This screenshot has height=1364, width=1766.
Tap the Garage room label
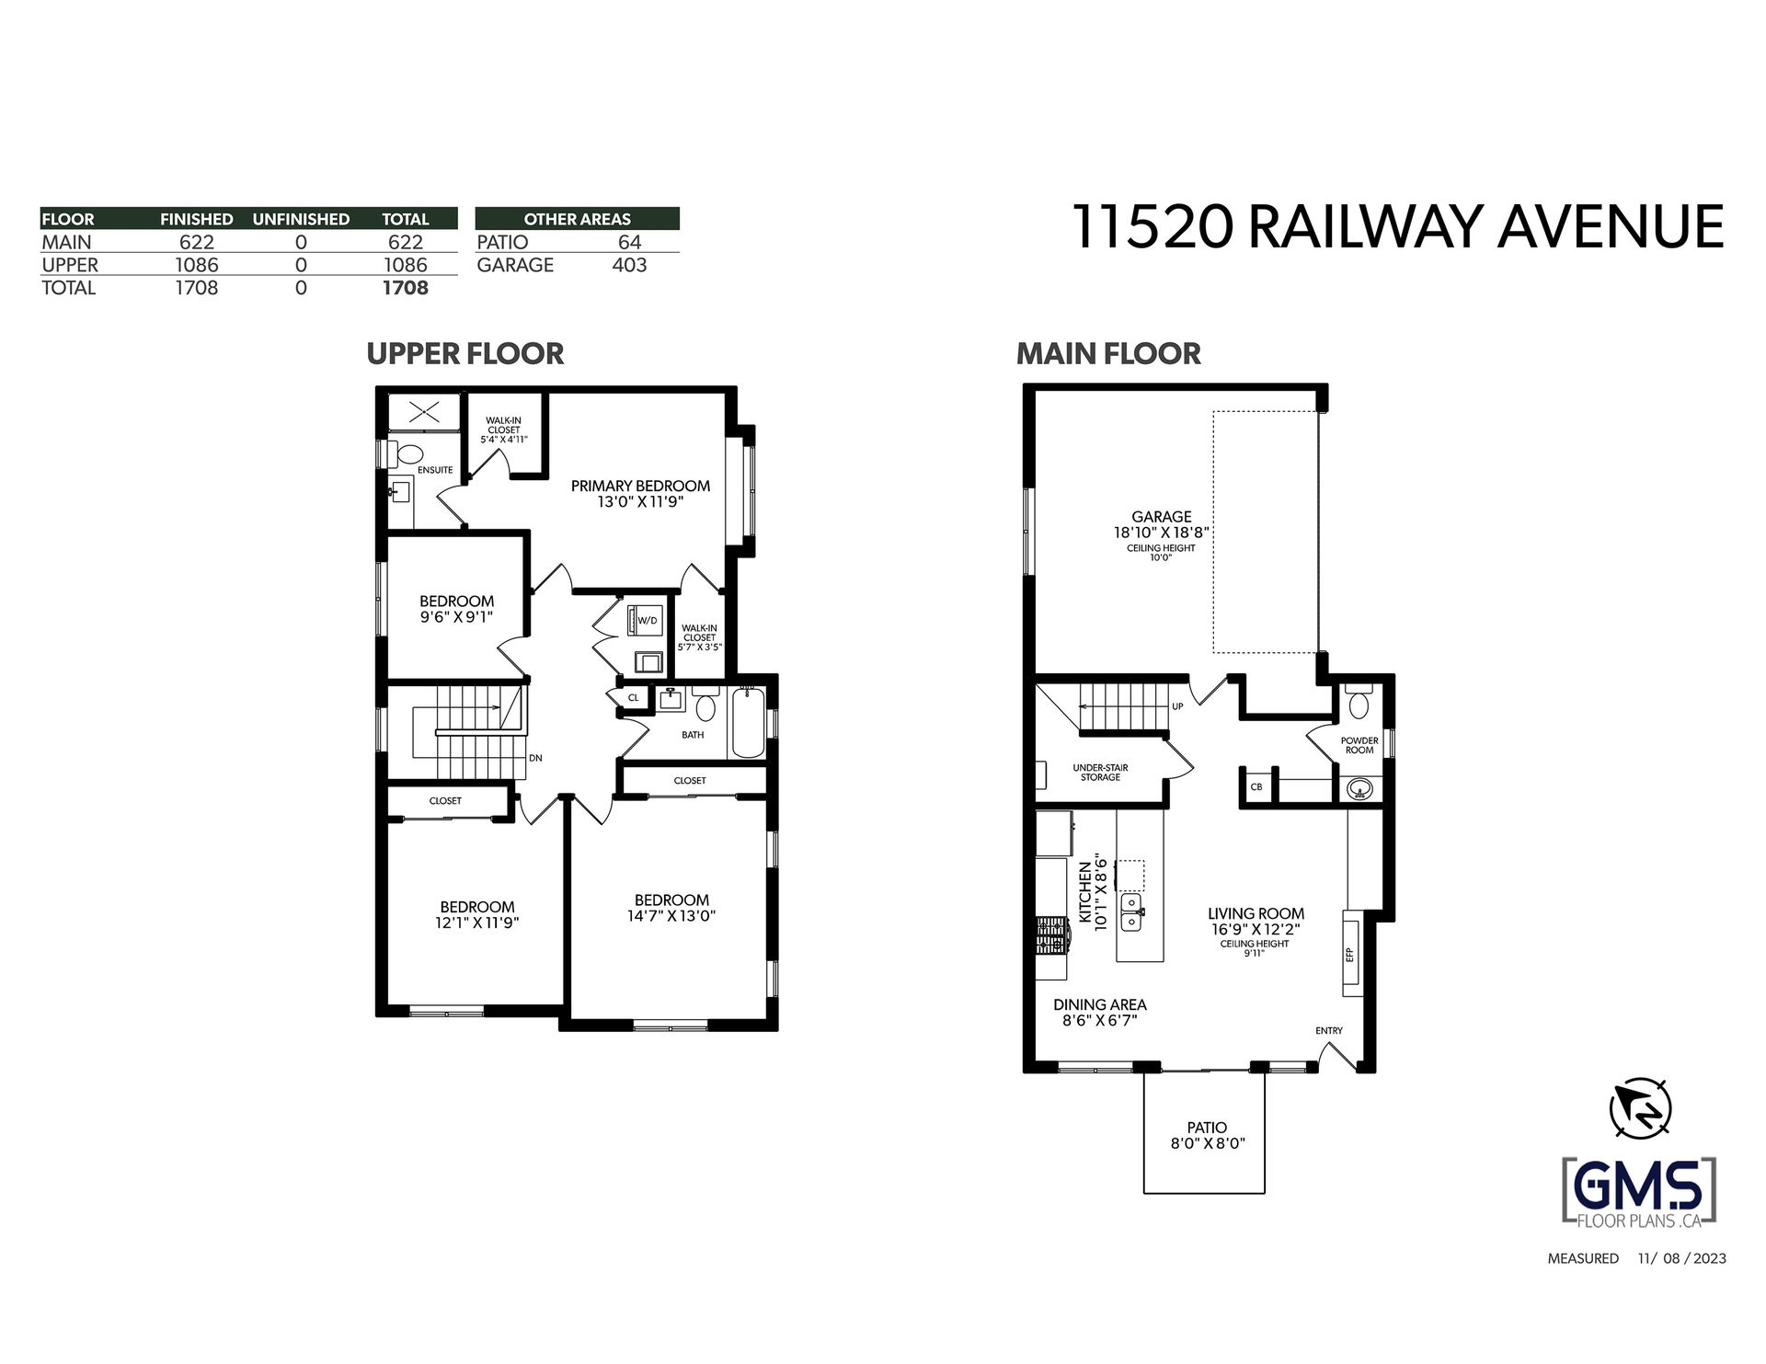tap(1162, 517)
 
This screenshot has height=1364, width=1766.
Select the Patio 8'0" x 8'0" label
tap(1207, 1135)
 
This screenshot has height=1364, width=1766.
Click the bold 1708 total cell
tap(406, 288)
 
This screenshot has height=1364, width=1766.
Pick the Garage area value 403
tap(629, 265)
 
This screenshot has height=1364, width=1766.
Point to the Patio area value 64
tap(630, 242)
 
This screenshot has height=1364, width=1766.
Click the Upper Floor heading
tap(465, 354)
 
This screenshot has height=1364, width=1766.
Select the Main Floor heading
tap(1108, 354)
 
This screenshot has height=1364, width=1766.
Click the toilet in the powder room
tap(1358, 703)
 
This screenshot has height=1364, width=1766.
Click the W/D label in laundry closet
tap(648, 621)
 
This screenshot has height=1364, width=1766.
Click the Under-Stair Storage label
tap(1100, 773)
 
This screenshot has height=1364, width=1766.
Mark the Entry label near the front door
tap(1329, 1030)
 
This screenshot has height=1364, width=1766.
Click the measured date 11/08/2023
tap(1682, 1258)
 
